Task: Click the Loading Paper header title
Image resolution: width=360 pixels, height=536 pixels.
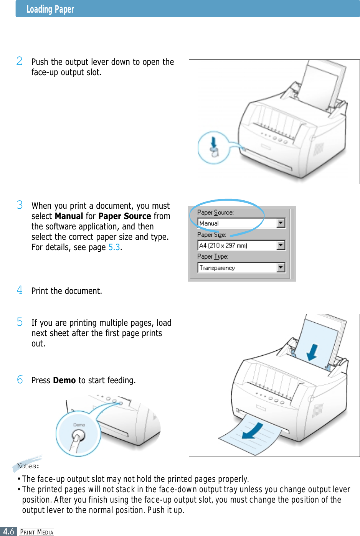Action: (x=50, y=9)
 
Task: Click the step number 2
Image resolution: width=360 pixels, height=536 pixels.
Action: (x=20, y=61)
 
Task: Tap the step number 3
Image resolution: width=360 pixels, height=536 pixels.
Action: (x=20, y=205)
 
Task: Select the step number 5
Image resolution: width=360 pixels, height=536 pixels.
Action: (x=20, y=322)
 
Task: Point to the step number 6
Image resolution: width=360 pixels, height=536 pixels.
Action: (x=20, y=379)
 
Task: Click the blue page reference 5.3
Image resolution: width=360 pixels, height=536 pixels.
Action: (x=114, y=247)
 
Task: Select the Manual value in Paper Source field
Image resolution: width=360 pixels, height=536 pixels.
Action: (x=209, y=223)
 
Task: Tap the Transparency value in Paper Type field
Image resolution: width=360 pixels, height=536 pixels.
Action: (x=217, y=268)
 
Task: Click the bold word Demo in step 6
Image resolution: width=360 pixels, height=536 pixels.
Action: (x=64, y=380)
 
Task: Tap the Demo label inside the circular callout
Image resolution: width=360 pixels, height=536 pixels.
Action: (x=79, y=425)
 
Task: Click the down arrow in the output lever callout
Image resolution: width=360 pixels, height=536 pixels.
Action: (x=214, y=142)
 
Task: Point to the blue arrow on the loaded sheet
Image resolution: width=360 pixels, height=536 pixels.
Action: (x=312, y=352)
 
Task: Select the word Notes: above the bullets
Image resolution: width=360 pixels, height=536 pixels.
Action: (x=28, y=466)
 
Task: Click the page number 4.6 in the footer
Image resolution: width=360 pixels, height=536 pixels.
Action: (x=8, y=531)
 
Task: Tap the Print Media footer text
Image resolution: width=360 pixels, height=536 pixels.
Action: (x=37, y=532)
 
